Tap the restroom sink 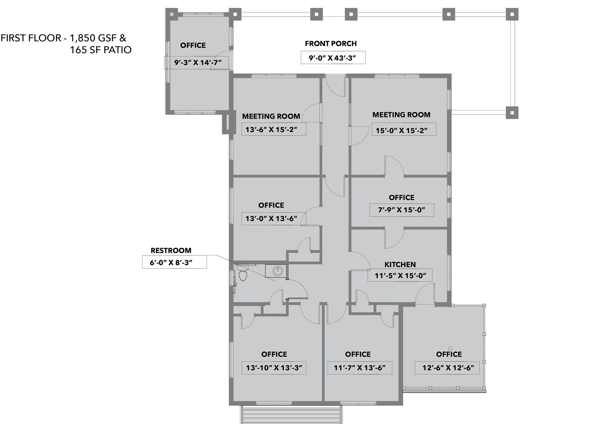coord(278,271)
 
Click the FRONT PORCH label coord(331,44)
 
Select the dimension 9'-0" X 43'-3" coord(332,58)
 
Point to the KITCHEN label coord(400,264)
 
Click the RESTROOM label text coord(171,250)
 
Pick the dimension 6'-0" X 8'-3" coord(171,263)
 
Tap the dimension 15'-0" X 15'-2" coord(401,131)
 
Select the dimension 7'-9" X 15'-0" coord(402,210)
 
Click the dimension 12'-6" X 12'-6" coord(448,368)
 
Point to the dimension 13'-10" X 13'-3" coord(274,368)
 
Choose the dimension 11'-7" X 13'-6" coord(360,368)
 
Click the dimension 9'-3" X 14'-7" coord(198,63)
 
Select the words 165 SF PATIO coord(101,50)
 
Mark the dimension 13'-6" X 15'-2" coord(271,129)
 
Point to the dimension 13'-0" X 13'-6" coord(271,218)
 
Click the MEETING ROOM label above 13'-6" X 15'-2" coord(271,116)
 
